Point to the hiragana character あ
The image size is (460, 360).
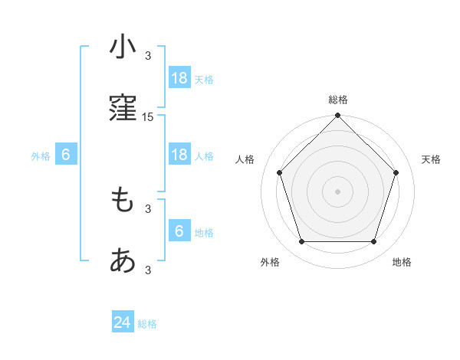[x=123, y=263]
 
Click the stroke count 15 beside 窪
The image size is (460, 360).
[x=148, y=117]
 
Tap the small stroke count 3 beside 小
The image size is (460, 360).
[x=148, y=55]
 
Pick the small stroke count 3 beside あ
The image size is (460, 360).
[x=148, y=270]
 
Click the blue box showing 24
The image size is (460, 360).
[x=123, y=323]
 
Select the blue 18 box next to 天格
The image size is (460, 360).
[x=179, y=78]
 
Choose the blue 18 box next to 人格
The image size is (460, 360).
[x=179, y=155]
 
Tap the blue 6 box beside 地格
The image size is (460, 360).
[x=179, y=231]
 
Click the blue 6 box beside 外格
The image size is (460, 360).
[x=66, y=155]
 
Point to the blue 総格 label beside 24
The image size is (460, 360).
[x=147, y=324]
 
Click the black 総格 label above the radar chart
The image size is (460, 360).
[x=337, y=100]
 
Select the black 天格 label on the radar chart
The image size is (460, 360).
[x=431, y=159]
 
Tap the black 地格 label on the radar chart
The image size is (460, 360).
[x=402, y=262]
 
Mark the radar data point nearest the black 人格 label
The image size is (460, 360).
[x=279, y=172]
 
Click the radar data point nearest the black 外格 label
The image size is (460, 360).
[x=301, y=242]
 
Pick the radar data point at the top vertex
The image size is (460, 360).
[x=337, y=116]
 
